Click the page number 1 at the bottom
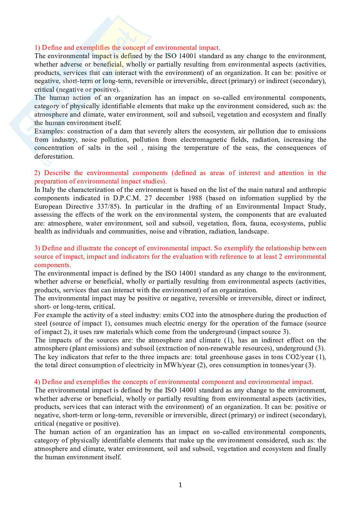[x=180, y=485]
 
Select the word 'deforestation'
[x=54, y=156]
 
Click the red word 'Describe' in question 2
[x=57, y=173]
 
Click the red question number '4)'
[x=37, y=382]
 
